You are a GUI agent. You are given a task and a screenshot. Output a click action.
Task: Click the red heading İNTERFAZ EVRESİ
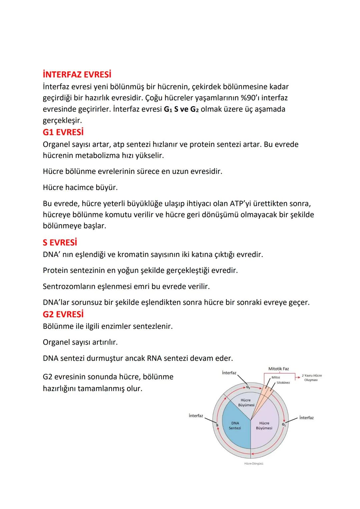coord(77,74)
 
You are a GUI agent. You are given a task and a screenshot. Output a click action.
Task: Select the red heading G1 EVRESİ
coord(63,132)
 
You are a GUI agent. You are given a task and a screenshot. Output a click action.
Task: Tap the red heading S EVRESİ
coord(60,242)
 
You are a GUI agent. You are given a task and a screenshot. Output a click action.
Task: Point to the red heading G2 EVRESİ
coord(63,314)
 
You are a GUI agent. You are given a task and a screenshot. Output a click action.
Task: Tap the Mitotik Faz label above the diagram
coord(278,369)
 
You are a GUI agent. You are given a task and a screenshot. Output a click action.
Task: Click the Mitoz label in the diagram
coord(276,377)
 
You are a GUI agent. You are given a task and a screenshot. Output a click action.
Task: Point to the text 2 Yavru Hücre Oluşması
coord(312,378)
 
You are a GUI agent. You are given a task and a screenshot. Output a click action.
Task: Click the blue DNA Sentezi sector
coord(235,425)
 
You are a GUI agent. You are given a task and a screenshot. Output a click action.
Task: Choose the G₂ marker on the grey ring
coord(248,387)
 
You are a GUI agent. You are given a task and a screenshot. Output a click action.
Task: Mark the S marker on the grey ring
coord(217,425)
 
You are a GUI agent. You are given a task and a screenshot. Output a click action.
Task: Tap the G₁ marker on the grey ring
coord(284,424)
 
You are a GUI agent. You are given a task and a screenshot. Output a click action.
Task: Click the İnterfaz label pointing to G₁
coord(306,418)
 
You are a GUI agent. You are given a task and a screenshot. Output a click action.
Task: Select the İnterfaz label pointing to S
coord(196,416)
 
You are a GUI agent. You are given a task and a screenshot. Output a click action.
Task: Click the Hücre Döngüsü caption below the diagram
coord(254,464)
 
